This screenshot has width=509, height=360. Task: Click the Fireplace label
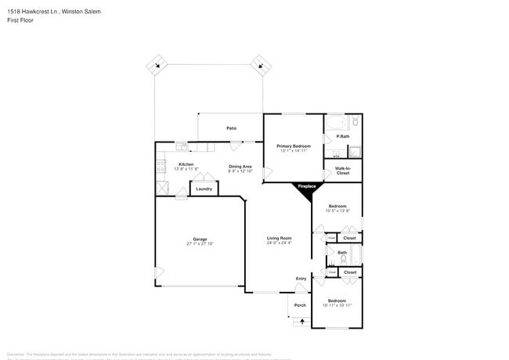[306, 186]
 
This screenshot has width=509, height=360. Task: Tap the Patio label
[232, 128]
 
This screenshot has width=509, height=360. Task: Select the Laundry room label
[204, 189]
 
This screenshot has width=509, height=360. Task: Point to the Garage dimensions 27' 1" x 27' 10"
[200, 244]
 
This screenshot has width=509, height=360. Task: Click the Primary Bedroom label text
[294, 146]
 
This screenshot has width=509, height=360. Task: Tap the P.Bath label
[343, 136]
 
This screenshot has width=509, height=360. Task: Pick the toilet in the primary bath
[355, 121]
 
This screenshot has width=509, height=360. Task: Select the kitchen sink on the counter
[181, 146]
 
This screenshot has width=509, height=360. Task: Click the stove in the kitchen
[161, 166]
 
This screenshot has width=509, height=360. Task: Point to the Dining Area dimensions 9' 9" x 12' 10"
[240, 171]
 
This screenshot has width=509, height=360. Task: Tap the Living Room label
[279, 238]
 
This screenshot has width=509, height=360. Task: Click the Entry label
[301, 279]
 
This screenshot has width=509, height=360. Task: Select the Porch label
[300, 305]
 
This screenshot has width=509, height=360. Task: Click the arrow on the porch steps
[301, 321]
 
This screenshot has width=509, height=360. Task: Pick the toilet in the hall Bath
[343, 259]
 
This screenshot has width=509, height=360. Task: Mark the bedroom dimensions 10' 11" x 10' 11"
[337, 305]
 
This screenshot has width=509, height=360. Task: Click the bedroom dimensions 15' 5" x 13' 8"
[337, 211]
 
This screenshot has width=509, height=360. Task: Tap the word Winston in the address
[71, 12]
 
